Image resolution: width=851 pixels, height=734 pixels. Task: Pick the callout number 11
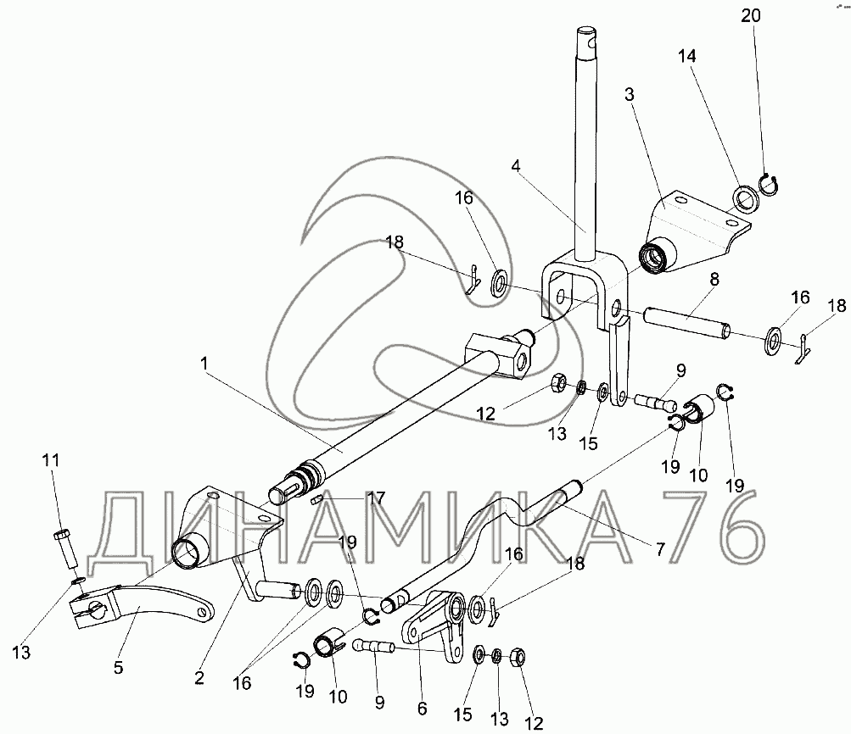52,460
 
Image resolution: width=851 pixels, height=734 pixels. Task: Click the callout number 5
118,667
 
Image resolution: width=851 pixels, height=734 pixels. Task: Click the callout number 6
422,707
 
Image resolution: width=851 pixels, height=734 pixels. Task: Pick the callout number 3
629,93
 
